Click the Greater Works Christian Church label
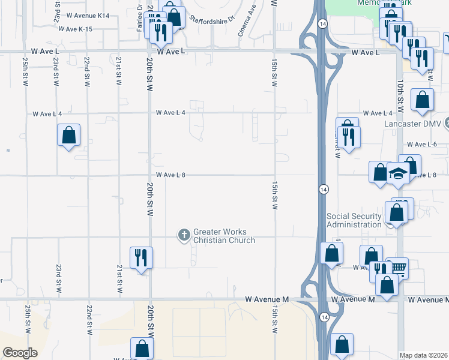click(x=223, y=236)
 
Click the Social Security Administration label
click(x=354, y=220)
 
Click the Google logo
click(x=20, y=352)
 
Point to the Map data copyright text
click(x=423, y=355)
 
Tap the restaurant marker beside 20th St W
click(x=141, y=258)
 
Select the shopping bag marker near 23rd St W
click(x=69, y=135)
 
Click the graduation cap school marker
click(x=398, y=173)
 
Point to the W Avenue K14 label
click(x=88, y=15)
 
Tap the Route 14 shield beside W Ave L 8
click(x=323, y=190)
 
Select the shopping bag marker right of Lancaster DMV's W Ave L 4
click(x=423, y=101)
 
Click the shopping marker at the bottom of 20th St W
click(x=142, y=349)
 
